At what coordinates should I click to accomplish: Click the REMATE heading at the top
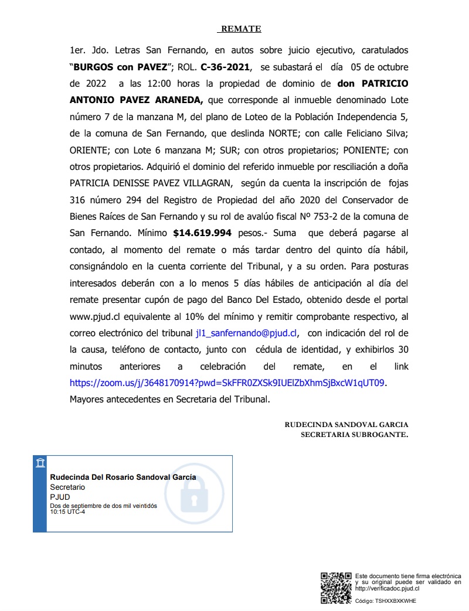point(240,29)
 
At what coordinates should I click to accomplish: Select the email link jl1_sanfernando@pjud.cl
point(247,333)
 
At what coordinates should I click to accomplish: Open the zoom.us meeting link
point(227,383)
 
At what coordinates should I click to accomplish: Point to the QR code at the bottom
point(336,588)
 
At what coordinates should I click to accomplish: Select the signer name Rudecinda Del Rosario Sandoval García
point(123,477)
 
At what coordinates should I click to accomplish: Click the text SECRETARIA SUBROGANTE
point(354,435)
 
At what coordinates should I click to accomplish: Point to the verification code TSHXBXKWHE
point(396,601)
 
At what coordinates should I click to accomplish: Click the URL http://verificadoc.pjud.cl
point(388,588)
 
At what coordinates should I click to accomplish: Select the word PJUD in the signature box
point(60,497)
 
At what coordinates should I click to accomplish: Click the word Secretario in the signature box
point(67,487)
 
